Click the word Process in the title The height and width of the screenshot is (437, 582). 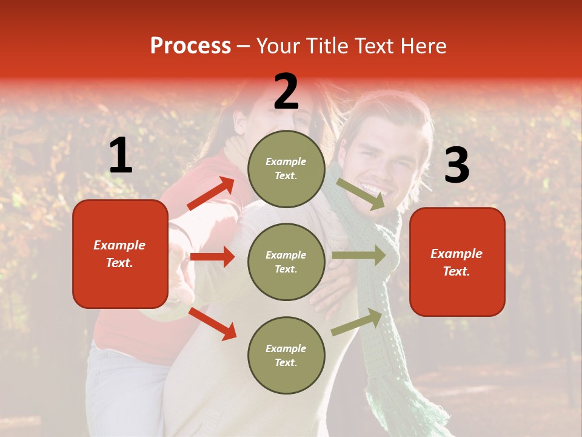(190, 46)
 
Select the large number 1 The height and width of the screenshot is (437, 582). (121, 156)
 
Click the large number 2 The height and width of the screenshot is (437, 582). (286, 92)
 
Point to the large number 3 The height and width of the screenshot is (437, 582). (457, 165)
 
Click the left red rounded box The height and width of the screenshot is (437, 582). (120, 254)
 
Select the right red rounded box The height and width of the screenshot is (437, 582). (457, 262)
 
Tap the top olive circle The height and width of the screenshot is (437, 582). (286, 169)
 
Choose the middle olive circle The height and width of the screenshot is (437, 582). (286, 262)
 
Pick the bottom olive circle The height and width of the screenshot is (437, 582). (286, 355)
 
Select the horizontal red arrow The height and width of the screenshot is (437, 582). (212, 257)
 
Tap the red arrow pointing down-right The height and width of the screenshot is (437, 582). (213, 324)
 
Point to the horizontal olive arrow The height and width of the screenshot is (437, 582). (358, 255)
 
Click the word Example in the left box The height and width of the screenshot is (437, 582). (119, 245)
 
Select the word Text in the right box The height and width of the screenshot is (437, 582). (456, 271)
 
